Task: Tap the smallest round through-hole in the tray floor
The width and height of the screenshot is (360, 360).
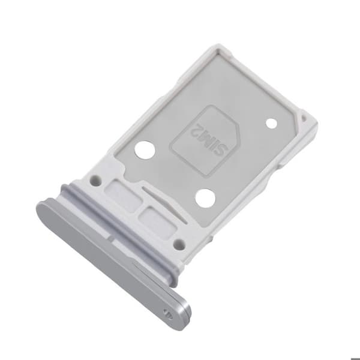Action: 272,123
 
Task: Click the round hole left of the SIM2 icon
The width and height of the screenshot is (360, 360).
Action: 145,149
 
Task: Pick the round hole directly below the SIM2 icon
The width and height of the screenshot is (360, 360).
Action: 205,198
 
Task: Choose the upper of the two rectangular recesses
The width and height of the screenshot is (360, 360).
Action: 123,196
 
